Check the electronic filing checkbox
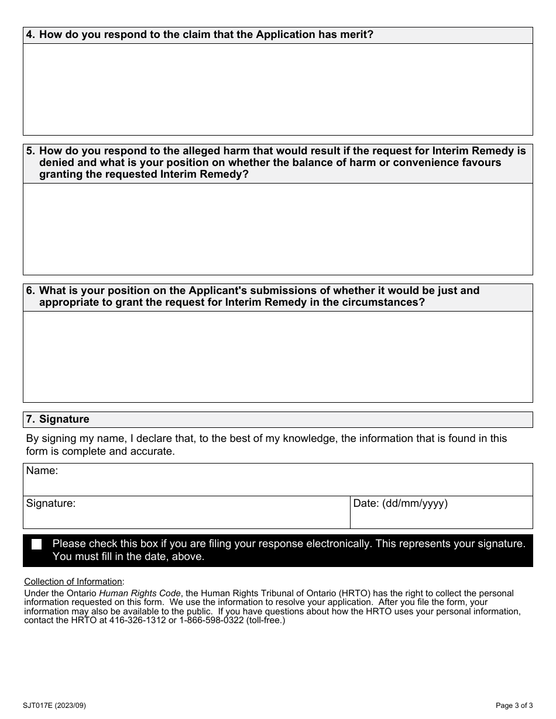tap(37, 544)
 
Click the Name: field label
tap(42, 471)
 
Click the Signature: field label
tap(50, 503)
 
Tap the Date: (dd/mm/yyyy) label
tap(400, 503)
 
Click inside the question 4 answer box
tap(277, 89)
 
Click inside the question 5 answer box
tap(277, 229)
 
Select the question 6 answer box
tap(277, 356)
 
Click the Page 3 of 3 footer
tap(514, 705)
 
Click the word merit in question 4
tap(358, 34)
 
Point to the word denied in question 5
tap(56, 163)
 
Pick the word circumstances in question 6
tap(384, 302)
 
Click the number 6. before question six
tap(31, 291)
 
